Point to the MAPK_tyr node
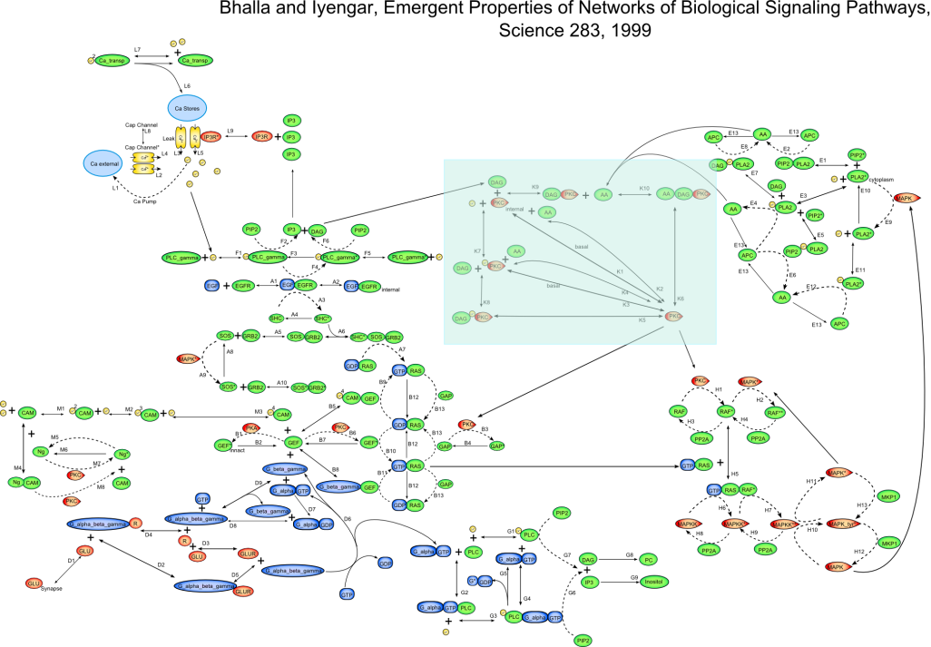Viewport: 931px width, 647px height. tap(844, 524)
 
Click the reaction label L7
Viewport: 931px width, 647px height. tap(137, 48)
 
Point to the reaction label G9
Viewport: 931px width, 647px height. tap(634, 578)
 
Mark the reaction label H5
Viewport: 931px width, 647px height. tap(735, 474)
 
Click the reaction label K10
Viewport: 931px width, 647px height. tap(644, 188)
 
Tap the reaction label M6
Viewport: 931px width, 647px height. tap(64, 449)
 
